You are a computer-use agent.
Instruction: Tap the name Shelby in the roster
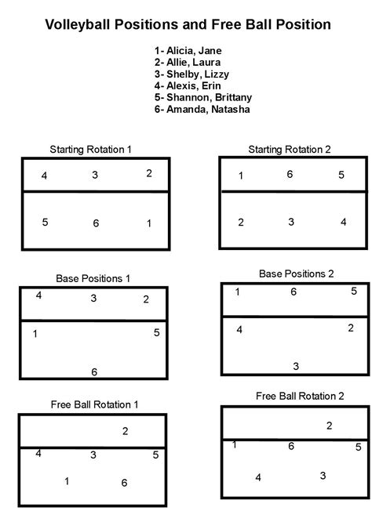[181, 74]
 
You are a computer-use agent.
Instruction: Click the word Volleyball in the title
[76, 24]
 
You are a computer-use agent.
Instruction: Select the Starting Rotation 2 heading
[290, 148]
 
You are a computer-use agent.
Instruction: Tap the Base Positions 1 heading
[93, 278]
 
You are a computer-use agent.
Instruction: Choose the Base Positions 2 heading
[296, 274]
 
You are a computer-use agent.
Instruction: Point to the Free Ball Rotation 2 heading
[299, 397]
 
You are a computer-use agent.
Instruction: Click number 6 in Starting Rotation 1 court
[96, 224]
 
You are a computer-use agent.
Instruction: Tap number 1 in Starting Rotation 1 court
[149, 223]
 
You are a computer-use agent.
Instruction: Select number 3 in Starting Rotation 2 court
[291, 223]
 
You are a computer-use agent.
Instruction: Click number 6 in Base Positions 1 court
[94, 371]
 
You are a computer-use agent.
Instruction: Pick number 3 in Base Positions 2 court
[296, 366]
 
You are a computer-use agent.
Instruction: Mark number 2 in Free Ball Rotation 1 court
[125, 431]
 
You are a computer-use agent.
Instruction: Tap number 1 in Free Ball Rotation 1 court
[67, 481]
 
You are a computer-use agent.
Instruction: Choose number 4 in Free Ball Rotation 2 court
[258, 477]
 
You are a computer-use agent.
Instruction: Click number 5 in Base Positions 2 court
[354, 292]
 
